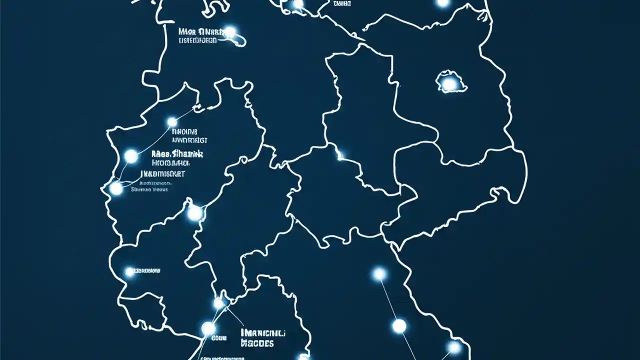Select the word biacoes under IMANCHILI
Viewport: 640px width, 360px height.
click(257, 343)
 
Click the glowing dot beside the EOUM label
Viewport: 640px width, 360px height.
click(208, 328)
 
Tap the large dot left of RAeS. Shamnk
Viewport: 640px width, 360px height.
click(131, 156)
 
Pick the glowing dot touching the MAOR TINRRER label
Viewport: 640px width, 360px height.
click(230, 32)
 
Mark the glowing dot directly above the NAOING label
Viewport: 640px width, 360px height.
click(172, 122)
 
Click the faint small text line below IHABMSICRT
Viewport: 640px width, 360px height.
click(149, 189)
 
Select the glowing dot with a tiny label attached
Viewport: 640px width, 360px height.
click(129, 272)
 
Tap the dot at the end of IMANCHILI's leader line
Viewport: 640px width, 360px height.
click(218, 303)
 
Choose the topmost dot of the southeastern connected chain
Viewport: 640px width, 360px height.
click(379, 273)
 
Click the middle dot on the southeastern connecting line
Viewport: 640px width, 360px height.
click(399, 326)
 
